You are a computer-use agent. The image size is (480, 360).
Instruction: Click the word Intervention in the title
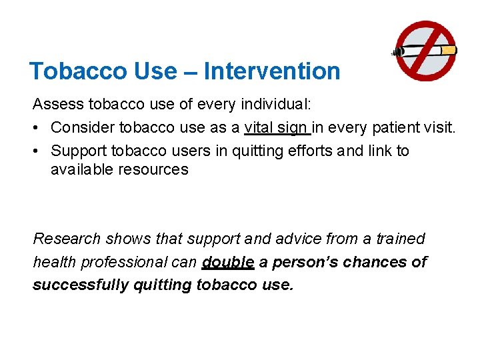coord(272,71)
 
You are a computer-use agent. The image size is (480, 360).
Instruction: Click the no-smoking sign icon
coord(425,51)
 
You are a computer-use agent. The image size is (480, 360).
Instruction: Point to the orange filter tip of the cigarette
coord(449,51)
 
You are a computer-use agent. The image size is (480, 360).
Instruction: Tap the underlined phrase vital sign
coord(276,127)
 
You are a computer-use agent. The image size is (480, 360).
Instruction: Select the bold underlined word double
coord(227,262)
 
